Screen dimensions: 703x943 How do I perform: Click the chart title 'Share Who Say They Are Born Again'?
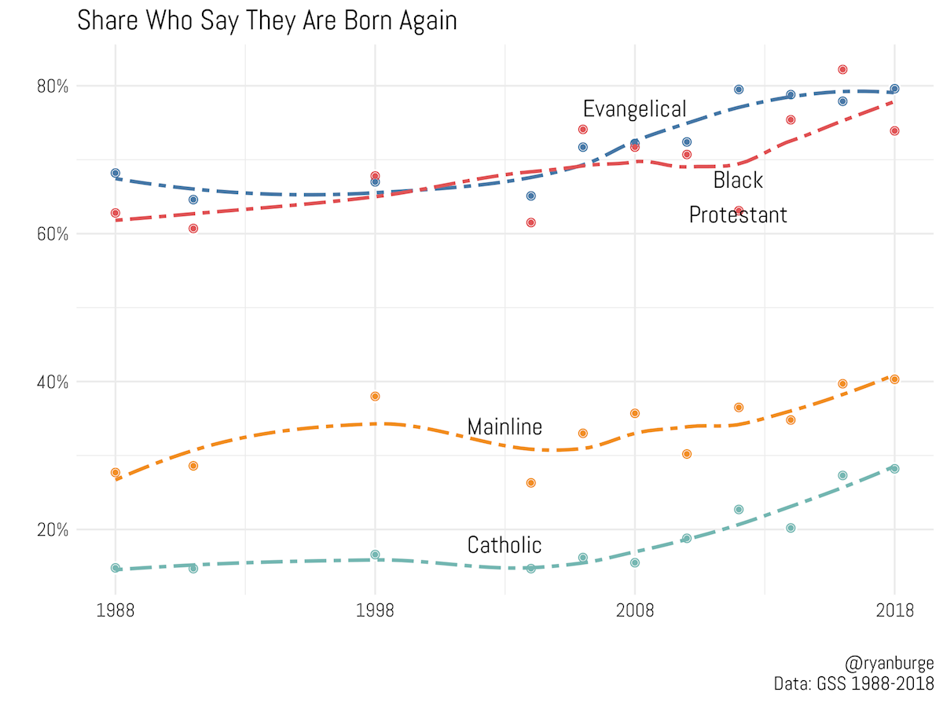[x=266, y=21]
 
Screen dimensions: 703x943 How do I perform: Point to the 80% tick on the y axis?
[x=53, y=86]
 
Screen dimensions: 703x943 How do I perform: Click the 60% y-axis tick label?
[x=53, y=234]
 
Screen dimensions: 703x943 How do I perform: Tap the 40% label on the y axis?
[x=53, y=383]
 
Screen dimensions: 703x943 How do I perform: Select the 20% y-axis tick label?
[x=53, y=530]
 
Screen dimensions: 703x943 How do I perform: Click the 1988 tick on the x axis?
[x=116, y=610]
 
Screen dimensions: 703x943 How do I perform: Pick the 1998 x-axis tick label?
[x=375, y=610]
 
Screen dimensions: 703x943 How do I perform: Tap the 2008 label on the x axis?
[x=634, y=610]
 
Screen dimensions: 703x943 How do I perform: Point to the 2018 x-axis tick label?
[x=893, y=610]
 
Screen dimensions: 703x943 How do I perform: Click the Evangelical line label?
[x=634, y=108]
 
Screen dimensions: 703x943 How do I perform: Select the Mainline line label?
[x=505, y=427]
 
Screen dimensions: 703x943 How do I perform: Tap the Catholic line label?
[x=504, y=544]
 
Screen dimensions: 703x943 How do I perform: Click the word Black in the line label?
[x=737, y=181]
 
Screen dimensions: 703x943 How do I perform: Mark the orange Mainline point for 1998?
[x=375, y=396]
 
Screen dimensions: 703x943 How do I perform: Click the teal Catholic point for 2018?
[x=894, y=469]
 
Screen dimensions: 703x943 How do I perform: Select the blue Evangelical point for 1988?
[x=116, y=173]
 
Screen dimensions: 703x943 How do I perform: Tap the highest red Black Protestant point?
[x=842, y=69]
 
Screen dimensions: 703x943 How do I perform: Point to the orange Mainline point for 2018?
[x=894, y=379]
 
